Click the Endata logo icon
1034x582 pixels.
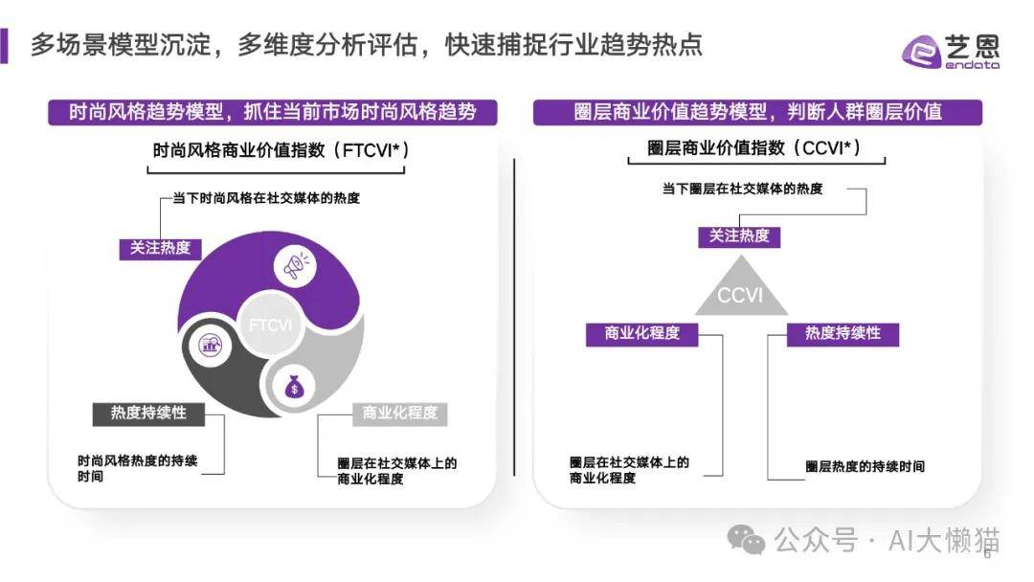pyautogui.click(x=921, y=52)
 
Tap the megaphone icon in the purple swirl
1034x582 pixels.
pyautogui.click(x=295, y=265)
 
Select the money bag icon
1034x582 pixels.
pyautogui.click(x=294, y=386)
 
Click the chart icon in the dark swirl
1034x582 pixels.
pyautogui.click(x=211, y=344)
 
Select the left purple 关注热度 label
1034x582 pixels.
pyautogui.click(x=160, y=248)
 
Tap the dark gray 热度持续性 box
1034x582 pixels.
pyautogui.click(x=148, y=414)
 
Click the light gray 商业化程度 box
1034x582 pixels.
pyautogui.click(x=399, y=414)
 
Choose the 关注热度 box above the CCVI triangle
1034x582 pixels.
pyautogui.click(x=739, y=236)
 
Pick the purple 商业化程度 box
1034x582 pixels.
pyautogui.click(x=642, y=333)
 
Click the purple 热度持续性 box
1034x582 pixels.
pyautogui.click(x=843, y=333)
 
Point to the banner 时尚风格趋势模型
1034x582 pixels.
pyautogui.click(x=272, y=112)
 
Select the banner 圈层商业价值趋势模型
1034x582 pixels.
pyautogui.click(x=757, y=112)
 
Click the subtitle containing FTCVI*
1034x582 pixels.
pyautogui.click(x=281, y=150)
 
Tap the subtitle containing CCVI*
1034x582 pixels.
pyautogui.click(x=753, y=147)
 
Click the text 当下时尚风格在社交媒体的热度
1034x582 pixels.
pyautogui.click(x=266, y=198)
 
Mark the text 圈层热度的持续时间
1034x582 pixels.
pyautogui.click(x=865, y=467)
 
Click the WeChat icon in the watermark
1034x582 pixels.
pyautogui.click(x=746, y=540)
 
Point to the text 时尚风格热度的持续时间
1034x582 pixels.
pyautogui.click(x=137, y=468)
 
